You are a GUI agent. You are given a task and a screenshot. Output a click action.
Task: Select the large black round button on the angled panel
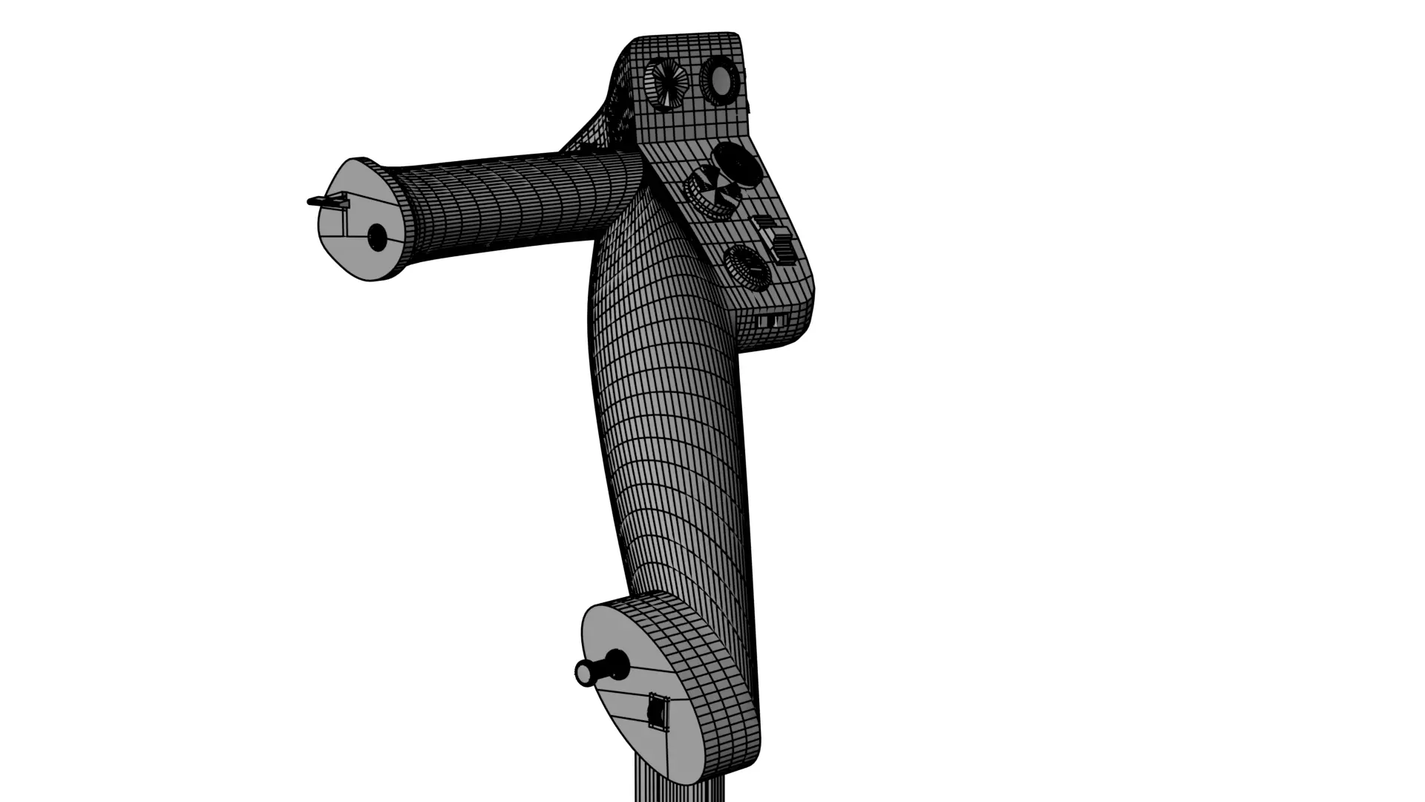point(737,165)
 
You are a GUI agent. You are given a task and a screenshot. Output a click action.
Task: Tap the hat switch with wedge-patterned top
point(709,190)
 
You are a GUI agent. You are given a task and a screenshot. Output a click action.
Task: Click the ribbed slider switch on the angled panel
point(776,240)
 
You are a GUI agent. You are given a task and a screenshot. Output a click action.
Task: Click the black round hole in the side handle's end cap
point(377,238)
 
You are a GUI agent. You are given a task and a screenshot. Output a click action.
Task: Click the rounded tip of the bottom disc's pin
point(583,674)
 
